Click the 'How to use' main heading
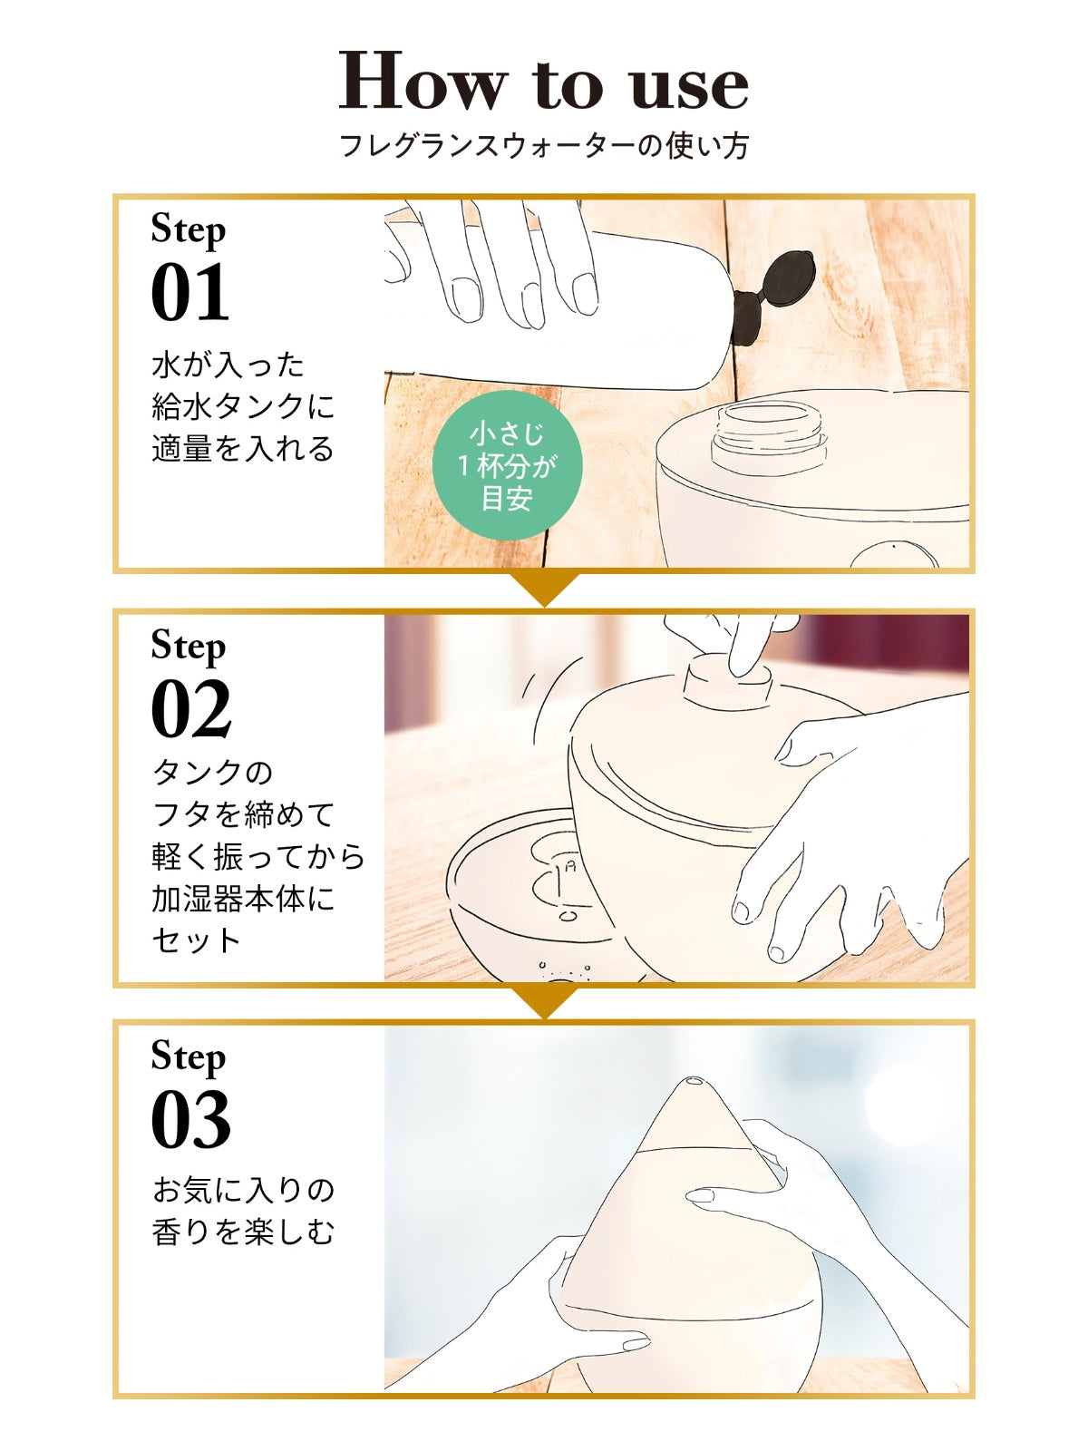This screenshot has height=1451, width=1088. (544, 81)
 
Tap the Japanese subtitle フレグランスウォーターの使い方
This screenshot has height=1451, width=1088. (544, 145)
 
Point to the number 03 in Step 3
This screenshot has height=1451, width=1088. (191, 1122)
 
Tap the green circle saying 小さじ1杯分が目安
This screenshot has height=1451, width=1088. (508, 465)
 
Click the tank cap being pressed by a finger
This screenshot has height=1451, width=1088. (726, 687)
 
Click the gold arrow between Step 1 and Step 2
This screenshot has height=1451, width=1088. (544, 589)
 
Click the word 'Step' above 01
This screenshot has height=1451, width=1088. (189, 231)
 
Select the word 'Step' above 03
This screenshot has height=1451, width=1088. (189, 1057)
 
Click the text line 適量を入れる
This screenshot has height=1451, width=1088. (243, 448)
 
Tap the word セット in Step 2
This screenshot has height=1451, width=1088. (196, 940)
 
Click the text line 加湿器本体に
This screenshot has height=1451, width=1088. (243, 899)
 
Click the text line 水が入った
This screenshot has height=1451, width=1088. (228, 365)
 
